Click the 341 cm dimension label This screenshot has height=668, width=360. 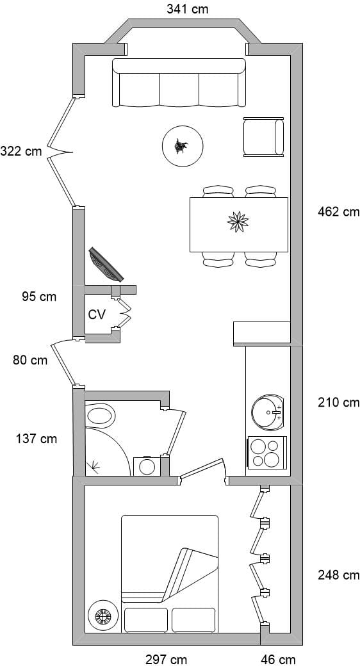click(x=188, y=9)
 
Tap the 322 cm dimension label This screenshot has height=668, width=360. click(x=21, y=151)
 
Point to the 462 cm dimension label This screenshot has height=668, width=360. click(x=339, y=211)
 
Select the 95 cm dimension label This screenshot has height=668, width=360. click(x=39, y=296)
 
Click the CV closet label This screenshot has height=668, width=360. click(x=97, y=314)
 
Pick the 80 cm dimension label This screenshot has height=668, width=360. click(x=30, y=360)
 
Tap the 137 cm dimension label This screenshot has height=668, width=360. click(x=37, y=438)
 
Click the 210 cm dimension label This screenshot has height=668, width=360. click(x=339, y=402)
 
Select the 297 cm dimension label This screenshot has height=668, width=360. click(x=166, y=660)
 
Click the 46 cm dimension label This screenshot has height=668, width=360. click(x=278, y=660)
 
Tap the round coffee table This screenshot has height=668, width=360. click(x=183, y=146)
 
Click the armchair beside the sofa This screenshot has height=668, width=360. click(x=264, y=137)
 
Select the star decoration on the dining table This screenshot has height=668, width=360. click(x=238, y=222)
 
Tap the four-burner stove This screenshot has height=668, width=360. click(x=267, y=453)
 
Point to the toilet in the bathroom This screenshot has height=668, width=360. click(x=100, y=416)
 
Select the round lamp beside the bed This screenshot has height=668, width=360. click(x=102, y=615)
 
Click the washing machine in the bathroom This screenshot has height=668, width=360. click(x=147, y=466)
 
